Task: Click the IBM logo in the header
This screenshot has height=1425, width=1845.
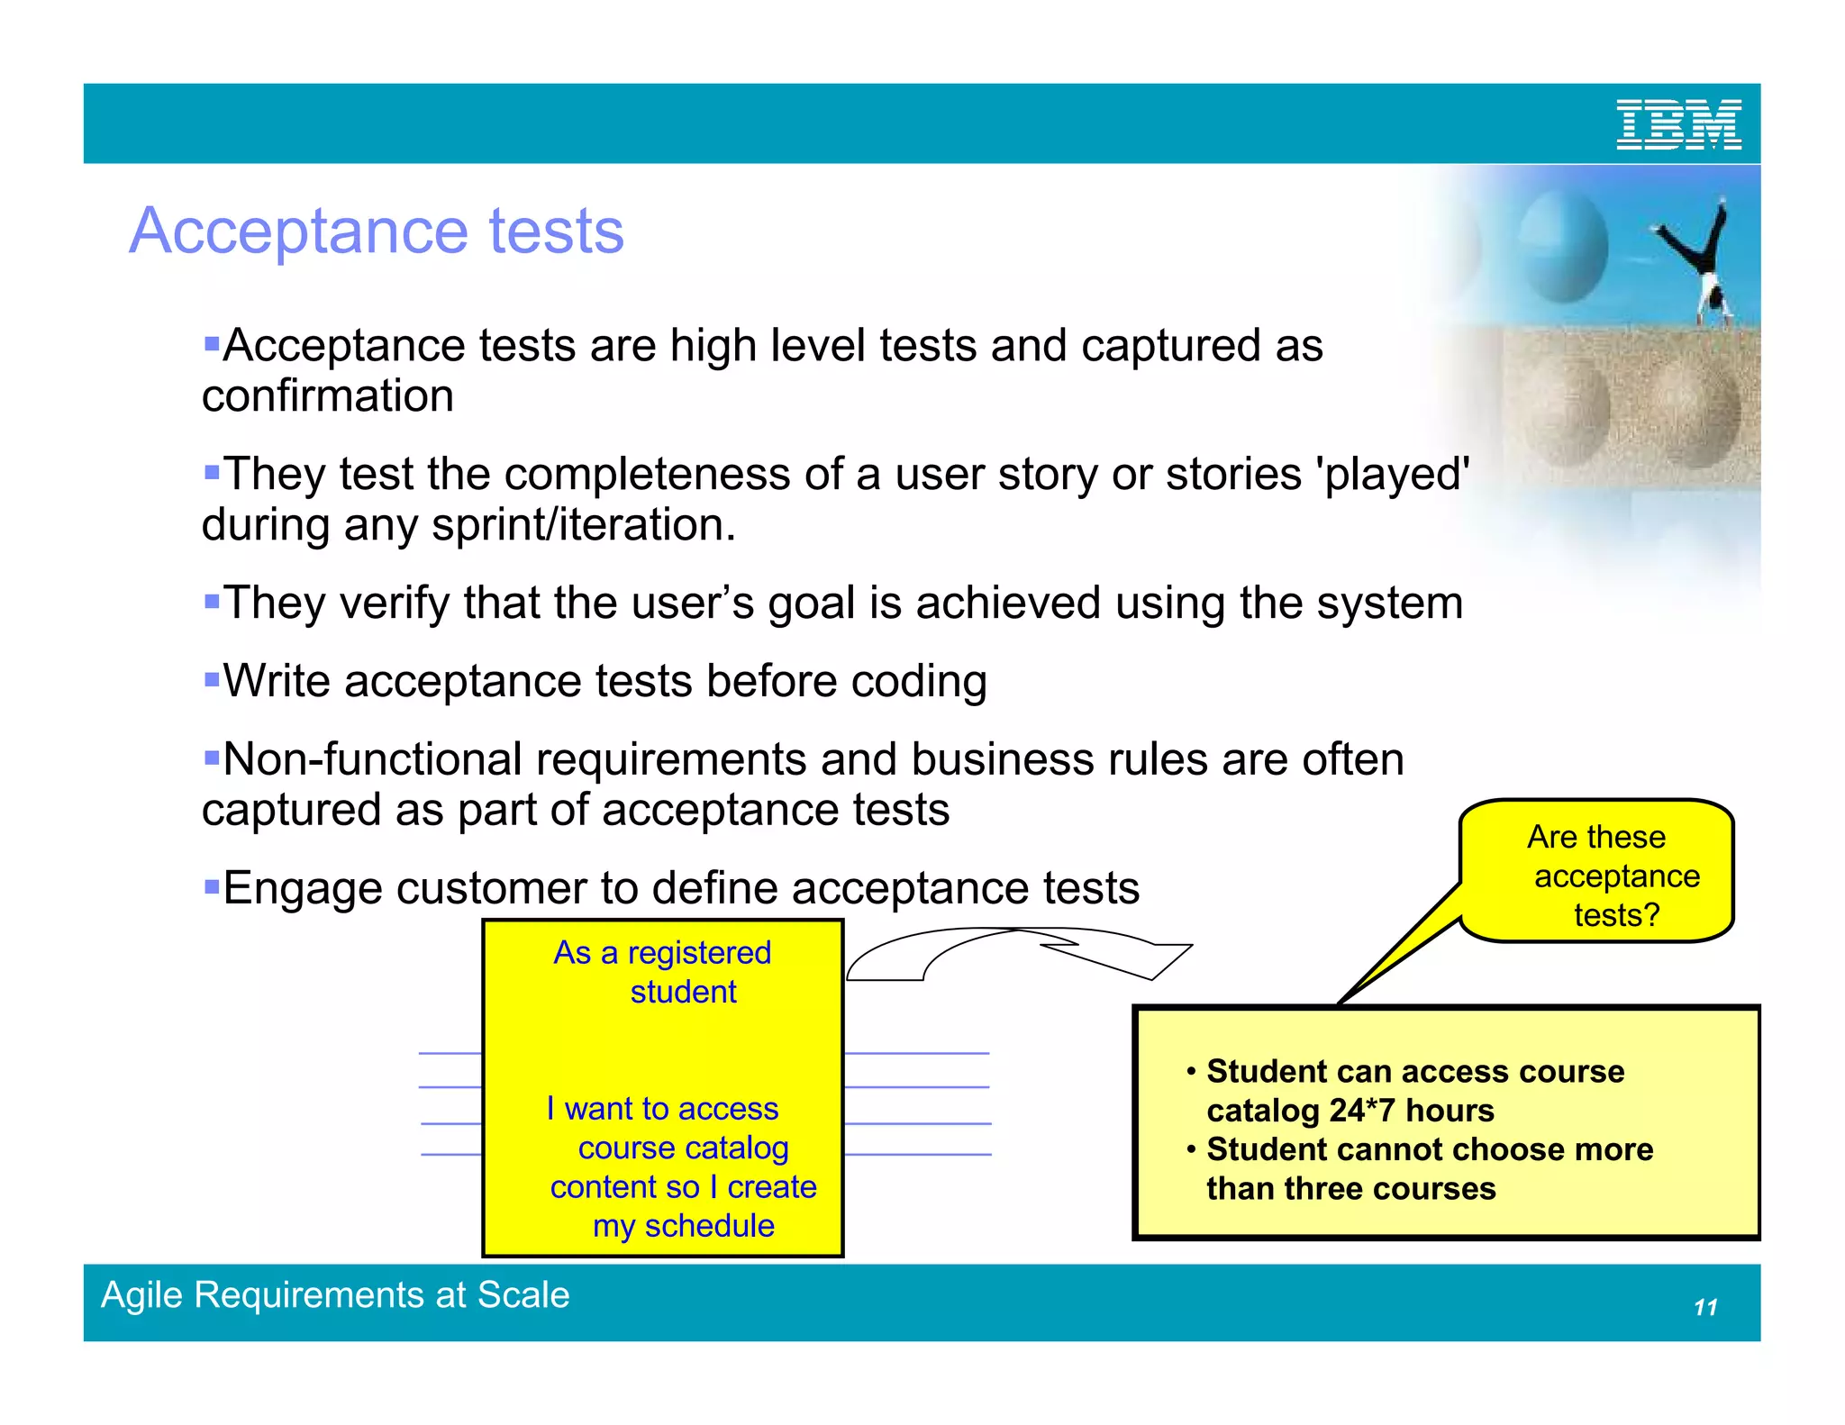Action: click(1677, 124)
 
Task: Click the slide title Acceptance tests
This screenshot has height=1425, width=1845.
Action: click(377, 231)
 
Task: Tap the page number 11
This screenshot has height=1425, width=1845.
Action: click(1705, 1307)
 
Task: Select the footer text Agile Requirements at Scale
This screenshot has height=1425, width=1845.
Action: click(335, 1294)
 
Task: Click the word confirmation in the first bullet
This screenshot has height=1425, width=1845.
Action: click(327, 396)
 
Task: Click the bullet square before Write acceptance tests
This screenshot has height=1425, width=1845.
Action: click(212, 678)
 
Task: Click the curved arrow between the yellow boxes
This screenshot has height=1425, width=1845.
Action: click(1018, 953)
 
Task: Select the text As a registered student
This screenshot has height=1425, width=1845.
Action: click(663, 972)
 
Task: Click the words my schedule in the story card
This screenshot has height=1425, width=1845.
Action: click(683, 1226)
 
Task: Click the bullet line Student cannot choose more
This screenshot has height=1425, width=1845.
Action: click(1429, 1150)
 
